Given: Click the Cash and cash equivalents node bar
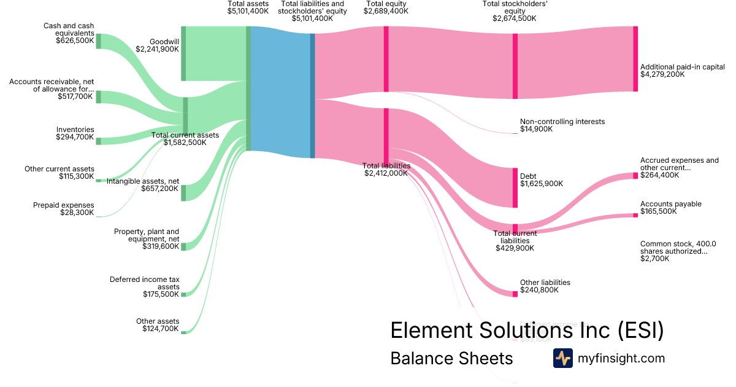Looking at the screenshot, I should pyautogui.click(x=98, y=41).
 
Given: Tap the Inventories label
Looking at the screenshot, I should pyautogui.click(x=75, y=130).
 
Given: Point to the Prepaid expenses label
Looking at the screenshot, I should pyautogui.click(x=64, y=205).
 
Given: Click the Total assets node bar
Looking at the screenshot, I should pyautogui.click(x=248, y=88).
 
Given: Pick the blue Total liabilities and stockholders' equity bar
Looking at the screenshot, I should pyautogui.click(x=312, y=95).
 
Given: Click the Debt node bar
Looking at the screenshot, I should pyautogui.click(x=515, y=187).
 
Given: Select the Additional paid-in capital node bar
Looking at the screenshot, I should pyautogui.click(x=635, y=59).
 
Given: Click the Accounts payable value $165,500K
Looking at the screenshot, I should pyautogui.click(x=659, y=211).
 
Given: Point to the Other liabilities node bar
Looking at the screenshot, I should pyautogui.click(x=515, y=294).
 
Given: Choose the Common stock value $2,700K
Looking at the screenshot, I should pyautogui.click(x=654, y=259).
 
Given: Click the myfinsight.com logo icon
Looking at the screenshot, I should pyautogui.click(x=562, y=358).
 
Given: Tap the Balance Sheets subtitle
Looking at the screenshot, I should pyautogui.click(x=451, y=358).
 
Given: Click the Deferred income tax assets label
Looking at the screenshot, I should pyautogui.click(x=145, y=283).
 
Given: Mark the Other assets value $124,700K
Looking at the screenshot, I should pyautogui.click(x=161, y=329).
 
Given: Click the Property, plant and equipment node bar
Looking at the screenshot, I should pyautogui.click(x=183, y=246).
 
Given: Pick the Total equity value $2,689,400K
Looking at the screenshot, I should pyautogui.click(x=386, y=11).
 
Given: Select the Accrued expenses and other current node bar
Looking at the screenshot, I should pyautogui.click(x=635, y=176).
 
